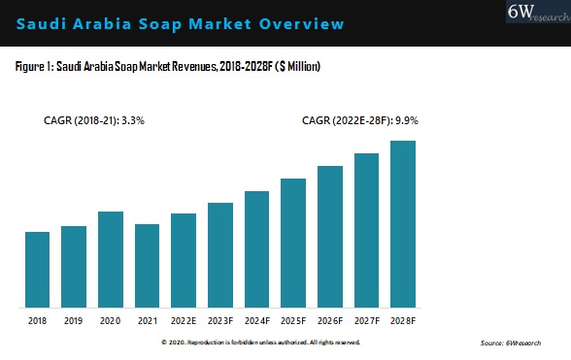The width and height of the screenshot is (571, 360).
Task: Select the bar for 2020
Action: point(111,258)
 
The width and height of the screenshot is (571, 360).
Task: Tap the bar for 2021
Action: point(147,265)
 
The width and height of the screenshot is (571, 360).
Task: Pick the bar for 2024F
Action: point(256,248)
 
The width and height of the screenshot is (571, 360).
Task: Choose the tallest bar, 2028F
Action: point(403,223)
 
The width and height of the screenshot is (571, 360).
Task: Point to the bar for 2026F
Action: point(330,236)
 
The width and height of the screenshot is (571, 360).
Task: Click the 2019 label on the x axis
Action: point(74,319)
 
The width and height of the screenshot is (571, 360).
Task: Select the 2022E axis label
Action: point(184,319)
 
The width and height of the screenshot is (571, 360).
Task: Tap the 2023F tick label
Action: point(220,319)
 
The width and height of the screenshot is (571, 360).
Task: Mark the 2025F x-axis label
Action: point(293,319)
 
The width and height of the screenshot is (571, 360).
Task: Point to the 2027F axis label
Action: point(366,319)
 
